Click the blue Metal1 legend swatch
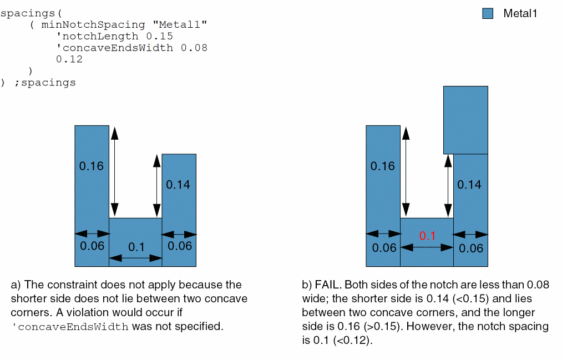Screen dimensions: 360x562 pos(488,14)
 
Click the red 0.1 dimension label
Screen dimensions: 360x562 pos(427,236)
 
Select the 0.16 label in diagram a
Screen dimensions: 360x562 pos(92,166)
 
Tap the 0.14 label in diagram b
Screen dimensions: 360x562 pos(469,185)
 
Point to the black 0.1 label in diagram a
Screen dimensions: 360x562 pos(136,247)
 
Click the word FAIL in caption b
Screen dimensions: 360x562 pos(327,285)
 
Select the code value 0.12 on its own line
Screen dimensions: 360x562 pos(69,59)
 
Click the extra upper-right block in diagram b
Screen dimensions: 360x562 pos(465,119)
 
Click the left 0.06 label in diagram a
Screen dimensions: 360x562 pos(92,246)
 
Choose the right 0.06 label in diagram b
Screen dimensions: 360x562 pos(472,248)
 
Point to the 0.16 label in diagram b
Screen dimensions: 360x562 pos(383,166)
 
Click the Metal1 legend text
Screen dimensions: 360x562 pos(520,14)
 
